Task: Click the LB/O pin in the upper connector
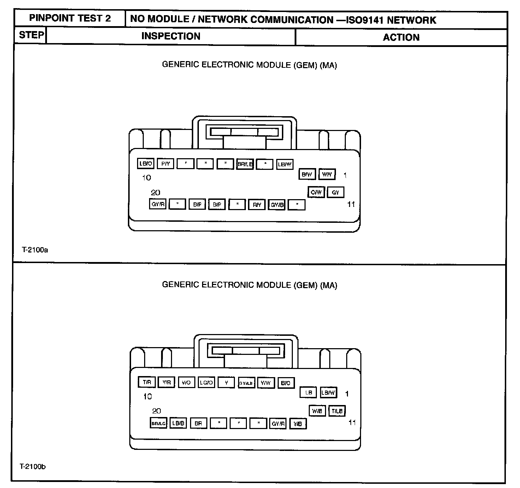coord(146,164)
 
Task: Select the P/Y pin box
coord(165,164)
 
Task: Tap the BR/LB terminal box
coord(245,164)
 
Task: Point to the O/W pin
coord(316,192)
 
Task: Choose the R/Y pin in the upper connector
coord(257,205)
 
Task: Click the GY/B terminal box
coord(277,205)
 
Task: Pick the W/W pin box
coord(327,174)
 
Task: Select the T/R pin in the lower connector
coord(147,382)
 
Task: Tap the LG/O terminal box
coord(206,382)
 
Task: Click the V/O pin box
coord(186,382)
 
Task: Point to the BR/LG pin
coord(158,423)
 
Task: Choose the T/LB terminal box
coord(337,411)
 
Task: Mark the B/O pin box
coord(286,383)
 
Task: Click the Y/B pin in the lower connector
coord(298,424)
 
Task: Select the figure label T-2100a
coord(35,250)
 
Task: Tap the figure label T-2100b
coord(32,467)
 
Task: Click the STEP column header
coord(31,35)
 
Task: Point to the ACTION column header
coord(401,37)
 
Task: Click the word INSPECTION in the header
coord(171,36)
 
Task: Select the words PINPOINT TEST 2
coord(70,18)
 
